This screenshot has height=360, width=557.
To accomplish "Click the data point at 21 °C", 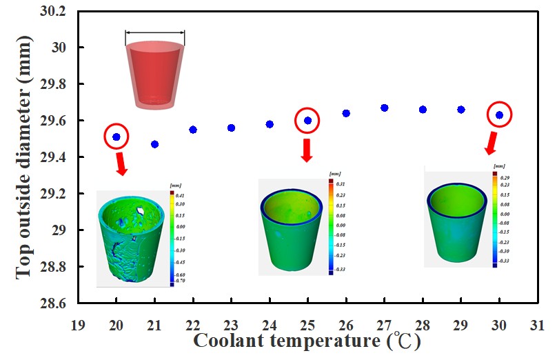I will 154,144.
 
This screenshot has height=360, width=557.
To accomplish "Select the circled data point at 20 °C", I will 117,137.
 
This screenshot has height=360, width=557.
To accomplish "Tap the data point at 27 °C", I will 385,108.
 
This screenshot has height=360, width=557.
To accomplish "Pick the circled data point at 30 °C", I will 500,114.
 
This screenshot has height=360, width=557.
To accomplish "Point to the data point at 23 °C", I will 231,128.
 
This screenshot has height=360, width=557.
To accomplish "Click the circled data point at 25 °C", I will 307,120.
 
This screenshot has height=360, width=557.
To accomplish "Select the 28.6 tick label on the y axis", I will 53,303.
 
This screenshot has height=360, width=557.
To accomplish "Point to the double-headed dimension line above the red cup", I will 155,32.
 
